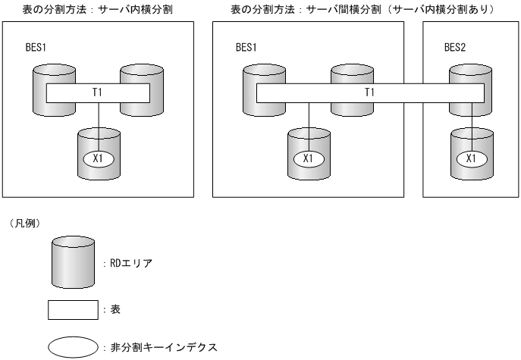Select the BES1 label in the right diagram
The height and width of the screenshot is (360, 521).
(x=248, y=47)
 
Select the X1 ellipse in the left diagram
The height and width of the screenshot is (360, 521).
(x=99, y=158)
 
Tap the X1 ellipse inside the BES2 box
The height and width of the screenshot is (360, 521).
(x=470, y=158)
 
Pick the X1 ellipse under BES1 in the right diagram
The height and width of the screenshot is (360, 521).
(x=308, y=158)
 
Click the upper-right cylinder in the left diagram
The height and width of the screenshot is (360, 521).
(x=142, y=75)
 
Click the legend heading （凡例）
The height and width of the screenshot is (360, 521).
(x=20, y=225)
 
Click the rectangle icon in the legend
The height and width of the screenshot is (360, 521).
(x=73, y=310)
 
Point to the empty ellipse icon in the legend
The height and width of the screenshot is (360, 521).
(x=73, y=347)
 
